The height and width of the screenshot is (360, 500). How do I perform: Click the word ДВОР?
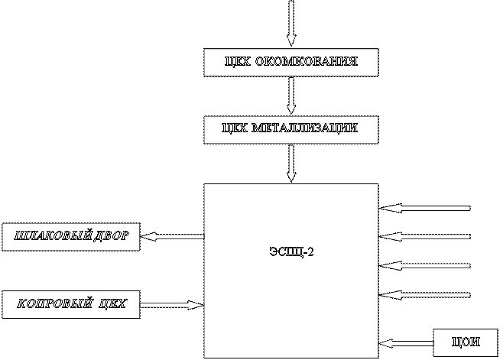[x=117, y=237]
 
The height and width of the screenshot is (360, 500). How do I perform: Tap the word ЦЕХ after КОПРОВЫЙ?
[x=112, y=305]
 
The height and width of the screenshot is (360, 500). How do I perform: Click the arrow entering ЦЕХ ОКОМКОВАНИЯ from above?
[x=291, y=23]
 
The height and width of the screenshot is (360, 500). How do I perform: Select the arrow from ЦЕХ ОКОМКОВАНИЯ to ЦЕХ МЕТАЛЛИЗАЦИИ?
[x=291, y=96]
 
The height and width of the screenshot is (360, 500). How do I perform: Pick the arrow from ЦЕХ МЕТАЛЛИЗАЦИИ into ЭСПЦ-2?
[x=291, y=162]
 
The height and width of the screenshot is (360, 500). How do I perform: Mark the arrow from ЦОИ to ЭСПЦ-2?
[x=406, y=343]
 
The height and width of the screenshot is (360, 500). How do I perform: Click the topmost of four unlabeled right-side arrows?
[x=425, y=208]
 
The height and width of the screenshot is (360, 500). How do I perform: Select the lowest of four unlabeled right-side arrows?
[x=425, y=294]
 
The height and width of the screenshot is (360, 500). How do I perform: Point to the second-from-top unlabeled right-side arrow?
[x=425, y=236]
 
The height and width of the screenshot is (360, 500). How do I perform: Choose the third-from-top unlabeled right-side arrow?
[x=425, y=265]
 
